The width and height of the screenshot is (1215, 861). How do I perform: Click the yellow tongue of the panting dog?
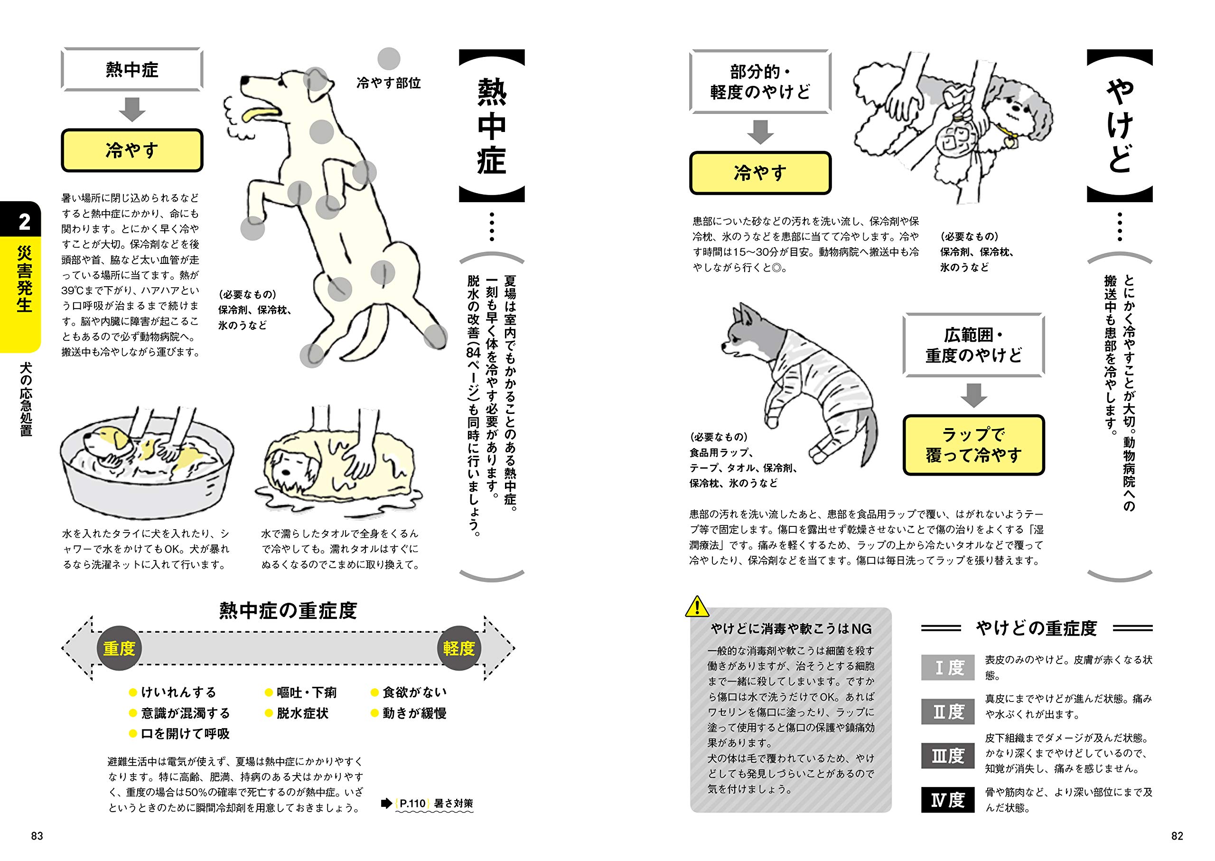point(260,114)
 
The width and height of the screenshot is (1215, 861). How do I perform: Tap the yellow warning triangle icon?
point(697,607)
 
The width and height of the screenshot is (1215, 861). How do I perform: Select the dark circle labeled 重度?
point(119,648)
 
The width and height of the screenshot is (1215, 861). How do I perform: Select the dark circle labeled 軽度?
point(459,648)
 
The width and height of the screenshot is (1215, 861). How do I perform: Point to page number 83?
point(37,836)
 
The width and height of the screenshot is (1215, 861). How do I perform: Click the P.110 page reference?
point(412,804)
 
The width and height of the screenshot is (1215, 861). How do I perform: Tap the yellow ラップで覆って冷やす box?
point(973,445)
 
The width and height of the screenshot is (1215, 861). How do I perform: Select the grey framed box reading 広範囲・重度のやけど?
point(973,345)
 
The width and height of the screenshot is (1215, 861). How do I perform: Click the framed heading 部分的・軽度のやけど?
point(760,82)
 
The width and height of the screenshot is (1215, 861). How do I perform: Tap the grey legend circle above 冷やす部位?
point(389,59)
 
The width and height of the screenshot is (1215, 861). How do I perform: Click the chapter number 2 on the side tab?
point(24,222)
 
